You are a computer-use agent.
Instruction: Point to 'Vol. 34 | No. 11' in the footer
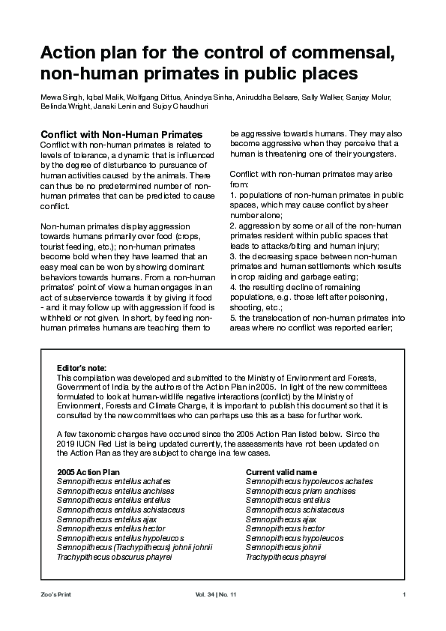tap(215, 595)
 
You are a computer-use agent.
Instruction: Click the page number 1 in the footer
tap(404, 595)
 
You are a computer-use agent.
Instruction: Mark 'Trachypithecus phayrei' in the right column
tap(286, 558)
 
